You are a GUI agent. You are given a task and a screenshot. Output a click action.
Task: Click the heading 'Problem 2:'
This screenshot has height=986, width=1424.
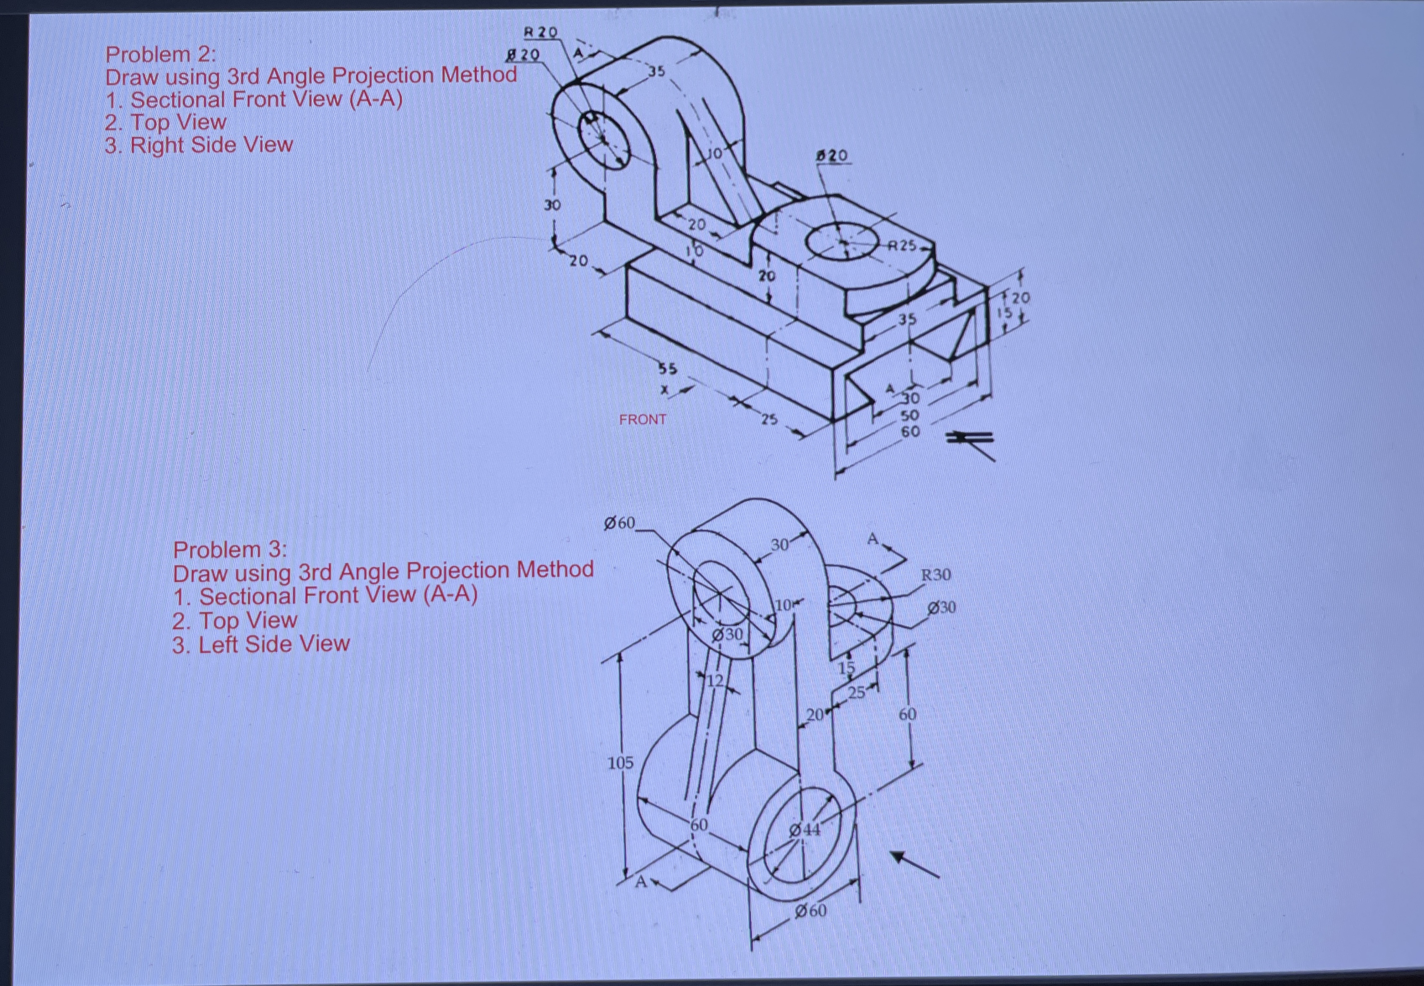coord(161,54)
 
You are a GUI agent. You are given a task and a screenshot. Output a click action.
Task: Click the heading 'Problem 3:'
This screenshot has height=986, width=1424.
coord(230,549)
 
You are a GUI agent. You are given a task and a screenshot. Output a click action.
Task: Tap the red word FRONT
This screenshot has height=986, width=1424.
coord(643,420)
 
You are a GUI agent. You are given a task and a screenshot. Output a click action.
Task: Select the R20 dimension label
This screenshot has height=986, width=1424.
coord(540,31)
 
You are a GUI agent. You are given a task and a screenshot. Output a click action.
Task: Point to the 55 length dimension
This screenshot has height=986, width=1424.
coord(667,369)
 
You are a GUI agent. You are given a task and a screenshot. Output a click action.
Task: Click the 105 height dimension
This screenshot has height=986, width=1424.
coord(620,763)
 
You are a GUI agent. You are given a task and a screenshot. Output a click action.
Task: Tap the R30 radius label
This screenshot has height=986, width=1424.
coord(936,575)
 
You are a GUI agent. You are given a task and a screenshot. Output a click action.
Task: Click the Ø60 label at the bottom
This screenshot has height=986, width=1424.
coord(811,911)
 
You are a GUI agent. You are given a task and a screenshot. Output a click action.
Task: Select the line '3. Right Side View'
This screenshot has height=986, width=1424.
coord(198,145)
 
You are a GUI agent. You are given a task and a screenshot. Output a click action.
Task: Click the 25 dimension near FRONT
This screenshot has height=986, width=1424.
coord(768,420)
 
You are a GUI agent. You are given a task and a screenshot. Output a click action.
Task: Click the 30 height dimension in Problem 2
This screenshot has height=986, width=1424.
coord(552,205)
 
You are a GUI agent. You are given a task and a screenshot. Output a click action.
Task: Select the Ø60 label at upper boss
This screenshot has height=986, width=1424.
coord(619,523)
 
